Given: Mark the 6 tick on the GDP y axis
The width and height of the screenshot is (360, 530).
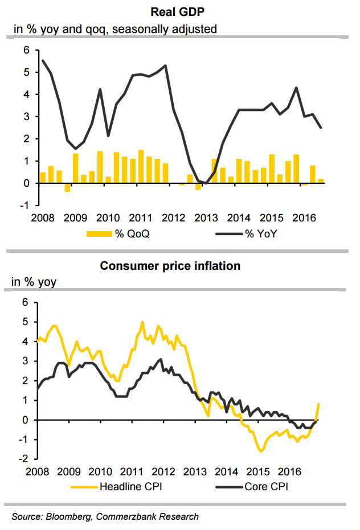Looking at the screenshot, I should (26, 50).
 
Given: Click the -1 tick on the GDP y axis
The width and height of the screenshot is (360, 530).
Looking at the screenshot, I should (24, 206).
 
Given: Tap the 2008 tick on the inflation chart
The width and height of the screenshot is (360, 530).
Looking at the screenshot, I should (36, 472).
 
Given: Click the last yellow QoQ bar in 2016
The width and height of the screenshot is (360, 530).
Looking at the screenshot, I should (321, 181).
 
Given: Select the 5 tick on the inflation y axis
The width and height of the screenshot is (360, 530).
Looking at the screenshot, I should (26, 322).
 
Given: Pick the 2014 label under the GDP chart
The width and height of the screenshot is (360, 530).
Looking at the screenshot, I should (238, 218).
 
